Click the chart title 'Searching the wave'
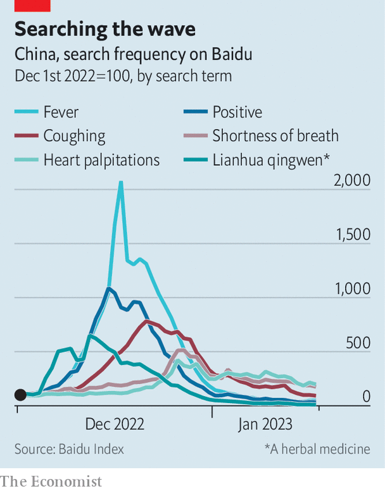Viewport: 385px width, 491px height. tap(104, 29)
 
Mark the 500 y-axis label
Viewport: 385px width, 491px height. tap(357, 343)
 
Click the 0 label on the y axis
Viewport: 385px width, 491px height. tap(365, 397)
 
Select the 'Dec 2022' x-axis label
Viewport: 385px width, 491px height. tap(115, 424)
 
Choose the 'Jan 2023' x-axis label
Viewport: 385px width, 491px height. tap(265, 424)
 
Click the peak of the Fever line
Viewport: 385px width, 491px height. tap(121, 182)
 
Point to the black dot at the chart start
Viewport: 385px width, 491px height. tap(20, 395)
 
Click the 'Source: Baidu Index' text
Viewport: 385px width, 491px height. tap(70, 449)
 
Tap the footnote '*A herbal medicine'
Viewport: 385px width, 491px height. tap(317, 449)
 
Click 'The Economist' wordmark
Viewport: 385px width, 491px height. tap(51, 482)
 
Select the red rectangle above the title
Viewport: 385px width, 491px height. tap(33, 5)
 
